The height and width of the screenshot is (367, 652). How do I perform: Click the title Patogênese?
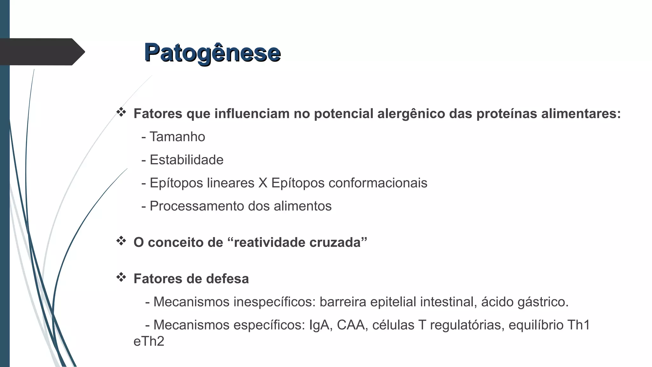click(212, 53)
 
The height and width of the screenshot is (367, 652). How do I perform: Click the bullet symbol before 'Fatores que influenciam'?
click(121, 112)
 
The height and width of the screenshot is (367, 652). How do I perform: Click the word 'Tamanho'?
click(177, 137)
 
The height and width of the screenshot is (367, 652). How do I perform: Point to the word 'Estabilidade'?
click(187, 160)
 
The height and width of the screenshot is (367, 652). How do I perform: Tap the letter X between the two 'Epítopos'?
click(263, 183)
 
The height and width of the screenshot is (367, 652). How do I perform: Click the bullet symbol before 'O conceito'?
click(121, 241)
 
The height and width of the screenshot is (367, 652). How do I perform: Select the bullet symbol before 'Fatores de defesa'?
click(121, 277)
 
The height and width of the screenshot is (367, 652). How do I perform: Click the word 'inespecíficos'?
click(274, 302)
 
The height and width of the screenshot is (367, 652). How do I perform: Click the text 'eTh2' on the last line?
click(149, 341)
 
